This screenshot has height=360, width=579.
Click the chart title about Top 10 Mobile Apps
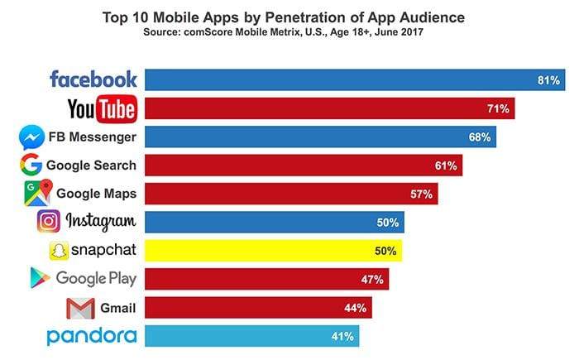[x=289, y=16]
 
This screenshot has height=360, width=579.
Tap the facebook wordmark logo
[x=93, y=79]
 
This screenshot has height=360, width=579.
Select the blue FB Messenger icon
[x=31, y=136]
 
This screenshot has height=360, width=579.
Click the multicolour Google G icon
[x=31, y=165]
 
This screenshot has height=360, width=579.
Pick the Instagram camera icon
[x=49, y=222]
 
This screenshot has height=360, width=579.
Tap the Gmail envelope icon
[x=80, y=308]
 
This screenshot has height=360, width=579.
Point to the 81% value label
[x=548, y=80]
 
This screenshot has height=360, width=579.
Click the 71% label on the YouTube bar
[x=501, y=108]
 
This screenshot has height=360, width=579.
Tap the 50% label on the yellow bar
[x=387, y=251]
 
